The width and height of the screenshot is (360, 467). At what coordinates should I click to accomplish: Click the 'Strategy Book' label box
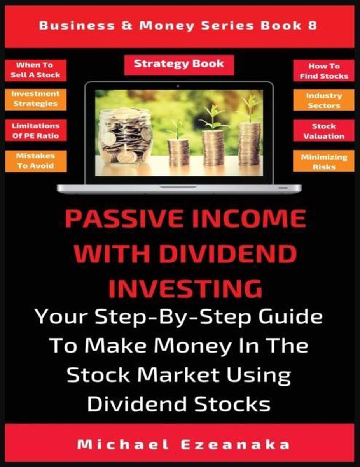pos(179,65)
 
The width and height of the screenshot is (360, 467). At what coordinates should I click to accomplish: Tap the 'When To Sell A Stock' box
pos(36,70)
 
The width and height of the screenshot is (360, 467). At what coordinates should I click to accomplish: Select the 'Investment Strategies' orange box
pos(36,100)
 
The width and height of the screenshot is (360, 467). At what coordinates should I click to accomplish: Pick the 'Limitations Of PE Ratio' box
pos(36,130)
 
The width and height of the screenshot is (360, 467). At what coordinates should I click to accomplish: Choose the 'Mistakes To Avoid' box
pos(36,161)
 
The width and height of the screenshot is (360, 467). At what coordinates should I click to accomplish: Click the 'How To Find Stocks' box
pos(324,70)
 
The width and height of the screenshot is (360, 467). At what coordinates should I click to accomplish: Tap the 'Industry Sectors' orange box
pos(324,100)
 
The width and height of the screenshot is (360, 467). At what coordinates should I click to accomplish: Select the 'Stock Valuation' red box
pos(324,130)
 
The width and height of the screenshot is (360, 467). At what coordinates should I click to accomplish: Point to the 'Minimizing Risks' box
pos(324,161)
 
